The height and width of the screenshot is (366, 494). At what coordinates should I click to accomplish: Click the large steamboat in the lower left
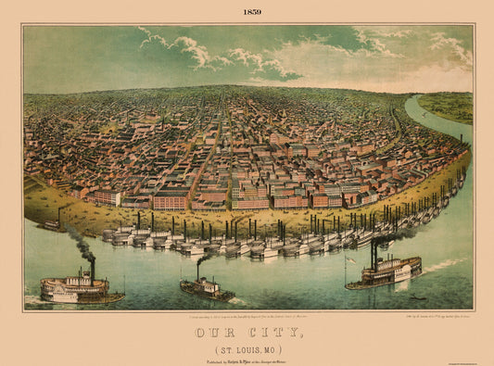[78, 290]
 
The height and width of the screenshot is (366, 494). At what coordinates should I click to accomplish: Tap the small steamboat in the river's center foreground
[207, 289]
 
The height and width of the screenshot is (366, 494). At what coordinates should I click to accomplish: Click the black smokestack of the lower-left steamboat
[92, 270]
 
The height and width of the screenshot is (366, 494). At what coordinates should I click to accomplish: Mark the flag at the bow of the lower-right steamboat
[345, 259]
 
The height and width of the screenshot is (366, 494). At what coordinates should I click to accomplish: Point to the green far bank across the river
[450, 106]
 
